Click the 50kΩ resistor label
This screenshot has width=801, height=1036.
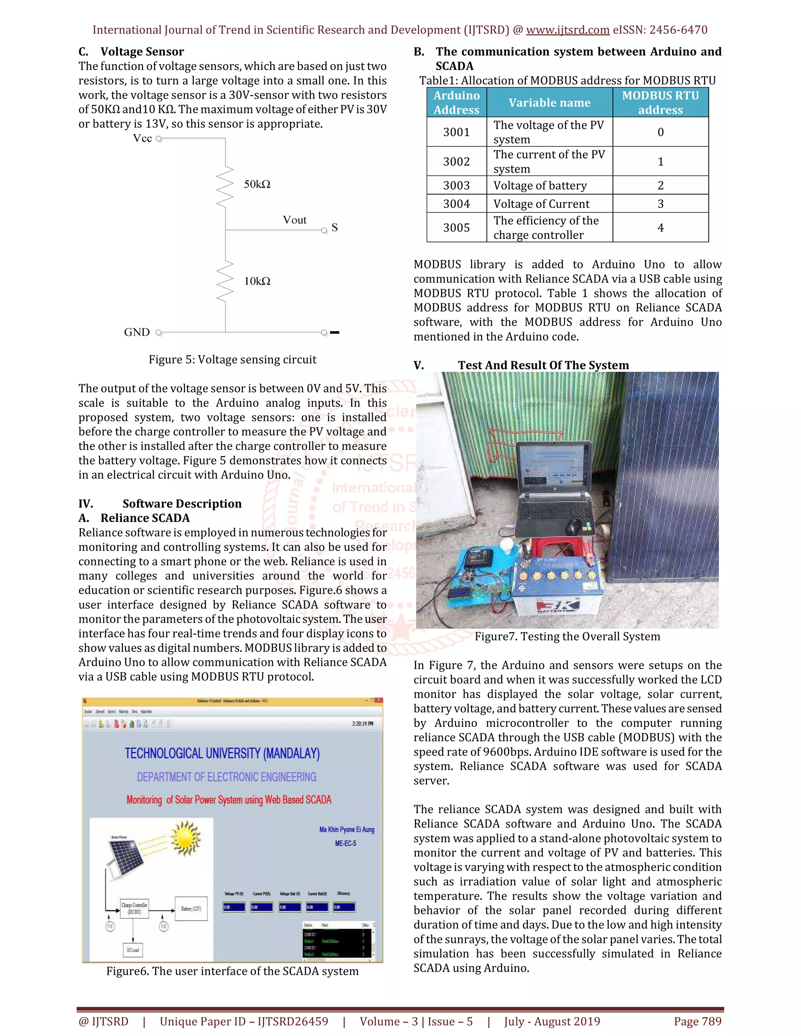point(257,184)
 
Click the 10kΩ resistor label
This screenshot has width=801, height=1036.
point(257,281)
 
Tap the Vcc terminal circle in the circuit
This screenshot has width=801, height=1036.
point(158,139)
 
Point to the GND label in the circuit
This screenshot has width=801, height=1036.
point(136,332)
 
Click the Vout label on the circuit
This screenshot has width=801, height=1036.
point(294,220)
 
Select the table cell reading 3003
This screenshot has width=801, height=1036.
point(456,185)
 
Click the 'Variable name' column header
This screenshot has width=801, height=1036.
point(549,102)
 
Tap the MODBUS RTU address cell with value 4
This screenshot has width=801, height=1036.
point(660,228)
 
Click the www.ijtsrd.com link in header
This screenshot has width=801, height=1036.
point(568,30)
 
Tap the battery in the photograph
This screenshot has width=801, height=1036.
point(558,588)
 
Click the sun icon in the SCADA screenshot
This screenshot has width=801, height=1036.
point(185,839)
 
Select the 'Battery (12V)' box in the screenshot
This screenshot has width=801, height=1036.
point(191,909)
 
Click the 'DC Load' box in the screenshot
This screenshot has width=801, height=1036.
point(133,950)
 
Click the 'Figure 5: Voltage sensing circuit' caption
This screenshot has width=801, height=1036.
point(232,360)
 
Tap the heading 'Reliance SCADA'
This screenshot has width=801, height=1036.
point(145,518)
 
